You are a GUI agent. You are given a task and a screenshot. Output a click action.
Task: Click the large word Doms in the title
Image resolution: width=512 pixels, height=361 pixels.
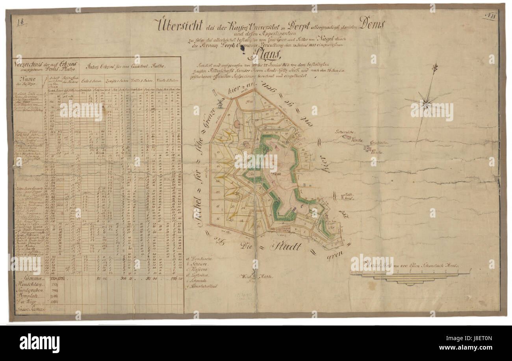click(x=372, y=24)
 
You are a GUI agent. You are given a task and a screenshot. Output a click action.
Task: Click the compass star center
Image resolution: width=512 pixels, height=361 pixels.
click(x=425, y=103)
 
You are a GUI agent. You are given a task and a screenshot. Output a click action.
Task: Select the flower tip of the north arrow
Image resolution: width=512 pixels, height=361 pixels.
click(x=435, y=68)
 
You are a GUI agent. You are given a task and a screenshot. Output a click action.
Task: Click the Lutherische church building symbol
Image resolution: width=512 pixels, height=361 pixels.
click(x=347, y=137)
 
